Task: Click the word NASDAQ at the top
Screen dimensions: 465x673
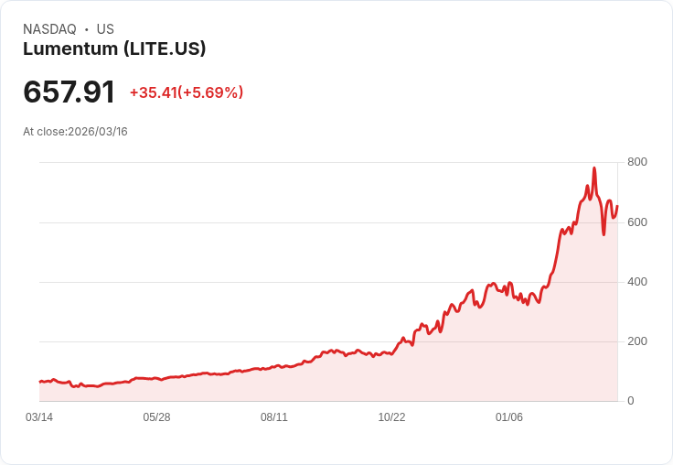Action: (49, 29)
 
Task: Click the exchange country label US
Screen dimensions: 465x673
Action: (105, 29)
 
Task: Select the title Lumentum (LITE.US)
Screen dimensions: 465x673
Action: (114, 49)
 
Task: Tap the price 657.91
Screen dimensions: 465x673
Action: (69, 92)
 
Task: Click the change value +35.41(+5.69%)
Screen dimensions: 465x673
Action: (187, 92)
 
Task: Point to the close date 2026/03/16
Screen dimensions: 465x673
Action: (98, 132)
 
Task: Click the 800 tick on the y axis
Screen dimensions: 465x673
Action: (637, 162)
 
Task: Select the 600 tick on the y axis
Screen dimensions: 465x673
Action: (637, 222)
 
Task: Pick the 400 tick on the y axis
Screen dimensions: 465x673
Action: (637, 282)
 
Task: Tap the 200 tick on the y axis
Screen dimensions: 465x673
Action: (637, 341)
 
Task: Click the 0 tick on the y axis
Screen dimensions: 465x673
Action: (631, 401)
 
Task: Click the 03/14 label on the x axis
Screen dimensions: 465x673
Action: (39, 417)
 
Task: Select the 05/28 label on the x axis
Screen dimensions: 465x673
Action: (156, 417)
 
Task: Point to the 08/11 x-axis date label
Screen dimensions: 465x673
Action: (274, 417)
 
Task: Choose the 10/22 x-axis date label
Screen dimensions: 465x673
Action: (391, 417)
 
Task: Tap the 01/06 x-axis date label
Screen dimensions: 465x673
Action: (509, 417)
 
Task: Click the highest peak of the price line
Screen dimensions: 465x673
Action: (594, 168)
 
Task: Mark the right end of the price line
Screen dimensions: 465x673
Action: (617, 206)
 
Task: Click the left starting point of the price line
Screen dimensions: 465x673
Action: (39, 382)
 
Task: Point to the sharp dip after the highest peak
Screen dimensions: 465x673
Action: (604, 234)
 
